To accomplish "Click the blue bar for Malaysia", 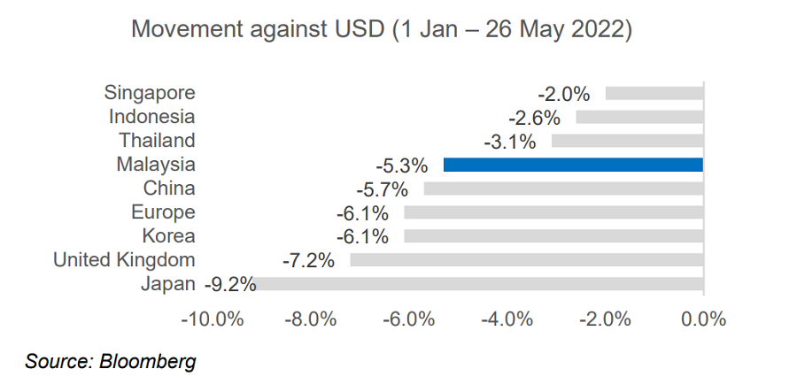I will click(x=573, y=165).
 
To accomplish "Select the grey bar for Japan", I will click(x=480, y=284).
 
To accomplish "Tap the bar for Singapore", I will click(x=654, y=93).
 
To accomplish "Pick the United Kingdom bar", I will click(x=527, y=260).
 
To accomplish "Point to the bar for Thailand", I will click(x=627, y=141).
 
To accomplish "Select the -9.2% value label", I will click(x=230, y=285).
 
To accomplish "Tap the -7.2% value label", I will click(x=308, y=261).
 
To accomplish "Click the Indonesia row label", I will click(x=151, y=117).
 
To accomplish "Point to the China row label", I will click(x=169, y=188).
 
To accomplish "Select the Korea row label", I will click(x=168, y=236).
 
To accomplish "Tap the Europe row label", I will click(x=163, y=212).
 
